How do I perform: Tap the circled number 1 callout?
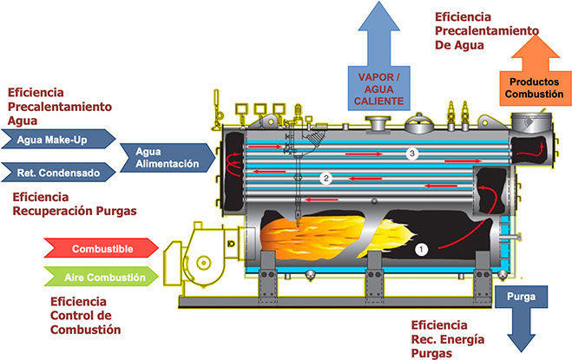[x=423, y=249]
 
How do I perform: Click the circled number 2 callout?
[x=326, y=179]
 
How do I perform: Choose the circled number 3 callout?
[x=413, y=154]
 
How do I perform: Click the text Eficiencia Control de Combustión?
[x=86, y=315]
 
